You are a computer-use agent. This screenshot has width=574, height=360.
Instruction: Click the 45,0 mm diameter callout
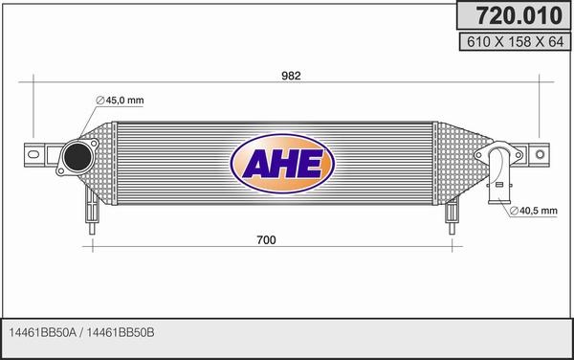coord(122,101)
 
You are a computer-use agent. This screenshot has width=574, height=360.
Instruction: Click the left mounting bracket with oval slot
coord(38,152)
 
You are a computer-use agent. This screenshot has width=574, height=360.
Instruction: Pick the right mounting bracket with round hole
coord(538,152)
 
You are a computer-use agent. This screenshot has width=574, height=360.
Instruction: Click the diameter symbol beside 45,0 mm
coord(99,101)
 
